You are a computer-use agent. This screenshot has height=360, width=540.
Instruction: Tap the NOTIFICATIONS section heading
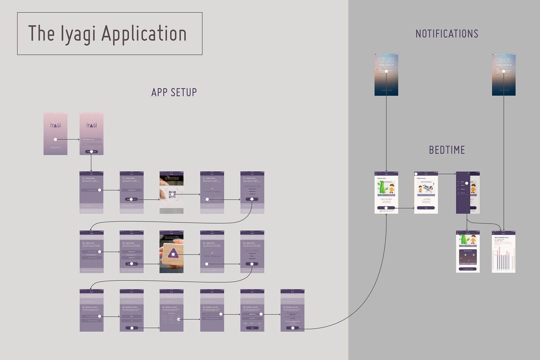click(447, 34)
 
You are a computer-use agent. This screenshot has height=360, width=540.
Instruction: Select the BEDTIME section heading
click(447, 150)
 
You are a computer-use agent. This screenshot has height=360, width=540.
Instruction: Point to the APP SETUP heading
click(174, 92)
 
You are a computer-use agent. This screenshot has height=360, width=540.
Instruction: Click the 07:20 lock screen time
click(386, 60)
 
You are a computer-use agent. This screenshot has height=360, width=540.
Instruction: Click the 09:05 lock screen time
click(503, 60)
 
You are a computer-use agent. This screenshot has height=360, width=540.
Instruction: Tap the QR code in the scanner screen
click(172, 194)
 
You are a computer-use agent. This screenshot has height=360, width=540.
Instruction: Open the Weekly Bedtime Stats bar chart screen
click(503, 253)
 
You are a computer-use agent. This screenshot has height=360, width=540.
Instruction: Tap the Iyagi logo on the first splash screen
click(55, 126)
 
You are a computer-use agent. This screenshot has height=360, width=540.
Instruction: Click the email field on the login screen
click(91, 139)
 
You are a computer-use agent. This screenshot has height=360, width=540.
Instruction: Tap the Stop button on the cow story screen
click(426, 208)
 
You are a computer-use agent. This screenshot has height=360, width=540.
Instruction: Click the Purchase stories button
click(468, 269)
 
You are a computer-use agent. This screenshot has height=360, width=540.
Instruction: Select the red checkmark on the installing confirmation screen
click(212, 188)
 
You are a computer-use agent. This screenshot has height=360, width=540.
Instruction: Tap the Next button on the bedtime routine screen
click(252, 328)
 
